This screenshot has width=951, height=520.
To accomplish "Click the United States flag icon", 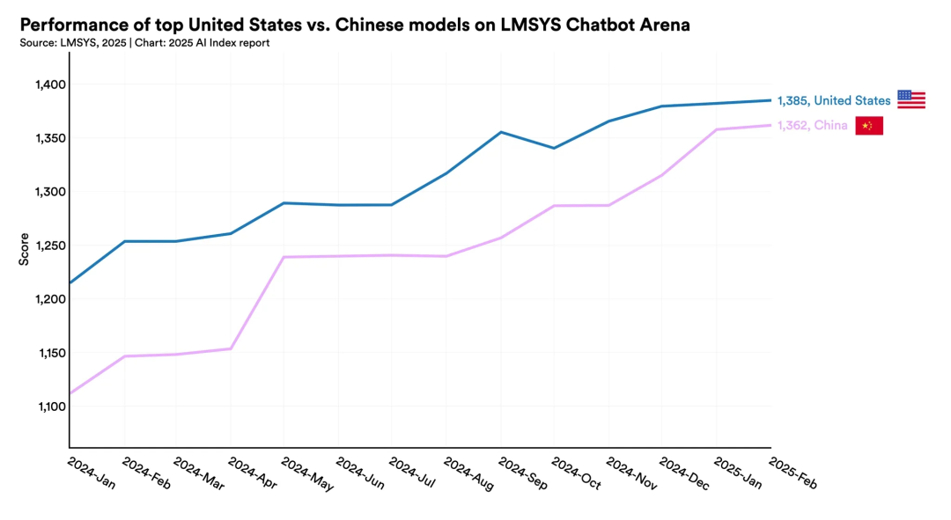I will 910,99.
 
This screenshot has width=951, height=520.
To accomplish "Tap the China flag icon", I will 868,126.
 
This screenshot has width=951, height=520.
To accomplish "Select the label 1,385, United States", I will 834,100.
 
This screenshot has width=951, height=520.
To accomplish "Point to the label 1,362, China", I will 813,126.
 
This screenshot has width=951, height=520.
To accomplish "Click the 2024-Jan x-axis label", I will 92,472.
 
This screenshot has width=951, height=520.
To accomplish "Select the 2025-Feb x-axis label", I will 793,473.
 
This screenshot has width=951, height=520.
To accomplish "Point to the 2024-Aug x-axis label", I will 469,473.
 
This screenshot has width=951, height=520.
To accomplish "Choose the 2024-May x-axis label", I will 307,473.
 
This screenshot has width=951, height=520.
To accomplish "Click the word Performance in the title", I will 70,25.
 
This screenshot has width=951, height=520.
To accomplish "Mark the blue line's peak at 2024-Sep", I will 500,132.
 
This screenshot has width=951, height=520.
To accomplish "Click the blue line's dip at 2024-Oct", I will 554,148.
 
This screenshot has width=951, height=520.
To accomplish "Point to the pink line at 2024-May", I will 284,257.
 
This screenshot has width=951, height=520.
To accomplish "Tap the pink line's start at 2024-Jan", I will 70,393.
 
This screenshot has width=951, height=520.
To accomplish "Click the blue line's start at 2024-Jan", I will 70,283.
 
